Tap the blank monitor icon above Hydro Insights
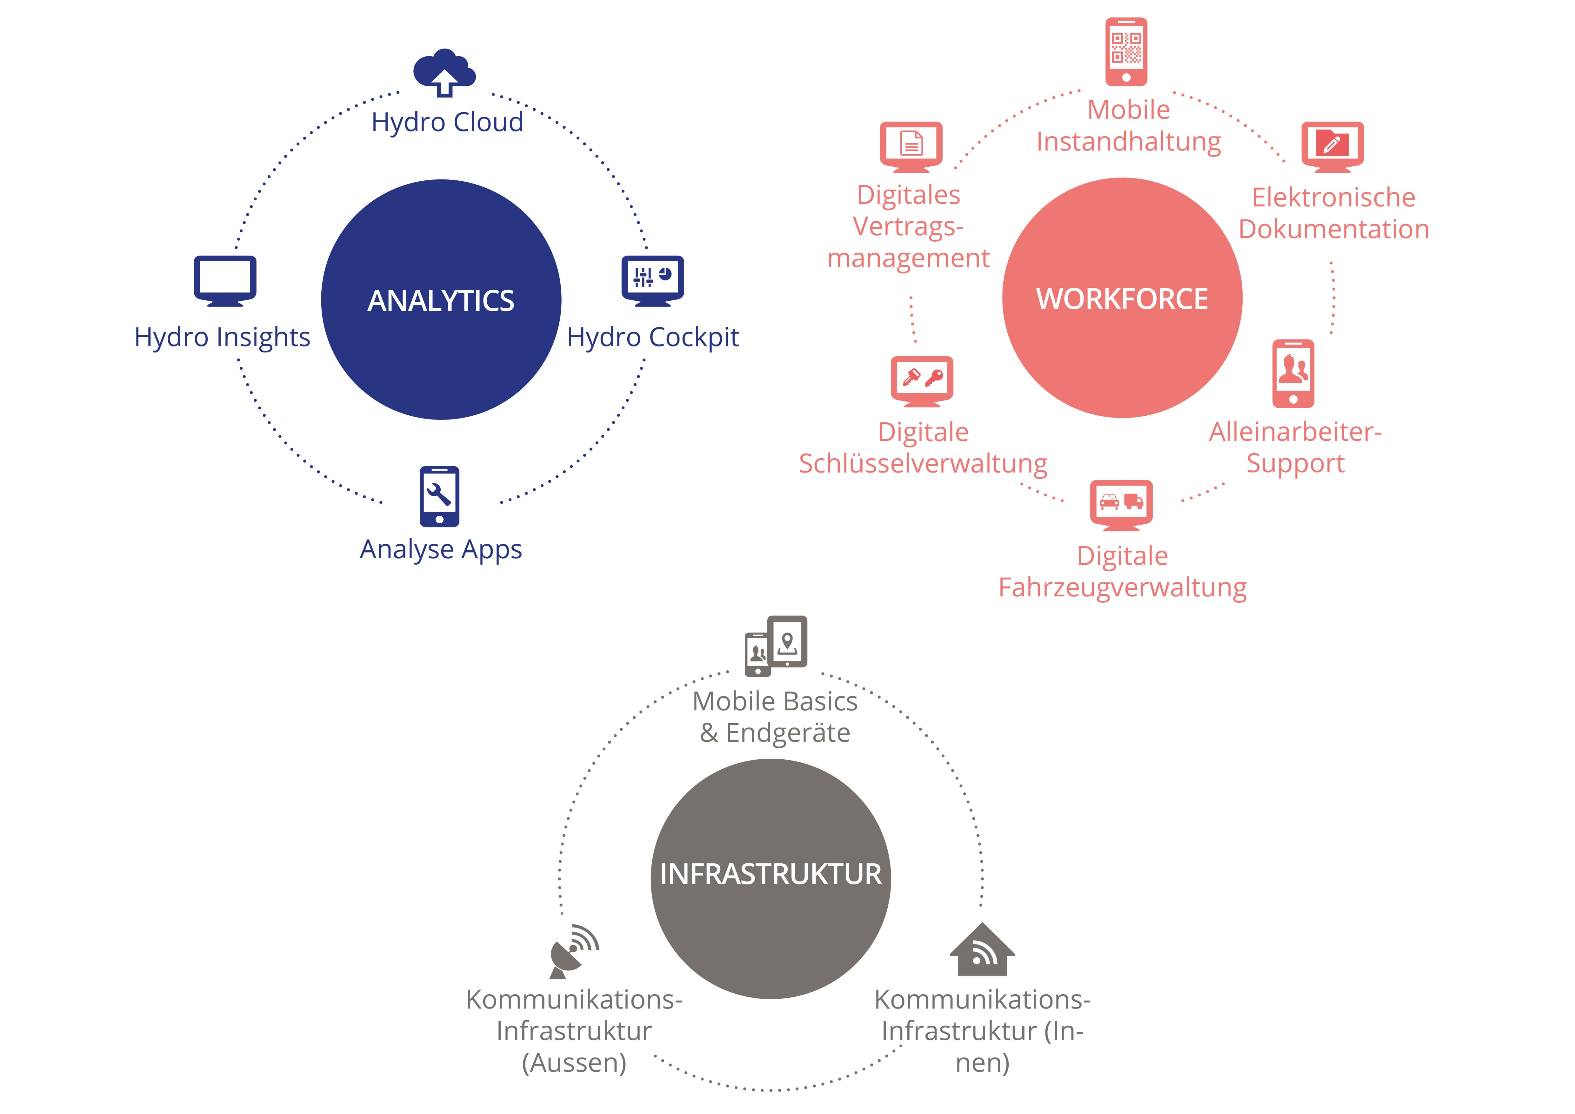225,280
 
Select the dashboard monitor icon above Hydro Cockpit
652,280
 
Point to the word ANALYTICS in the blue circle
441,301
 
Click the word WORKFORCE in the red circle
1122,299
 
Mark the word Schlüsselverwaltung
923,464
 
